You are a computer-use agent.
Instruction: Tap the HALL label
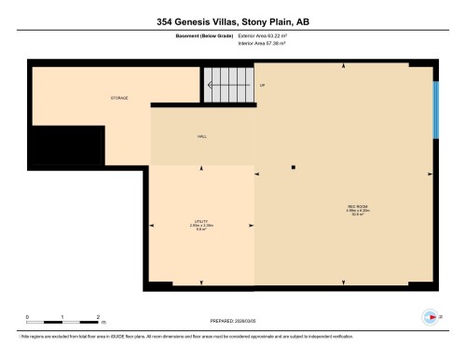[x=201, y=136]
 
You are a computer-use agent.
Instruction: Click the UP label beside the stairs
[x=262, y=86]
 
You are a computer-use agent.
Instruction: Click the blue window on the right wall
[x=435, y=110]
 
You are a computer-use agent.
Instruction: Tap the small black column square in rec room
[x=293, y=167]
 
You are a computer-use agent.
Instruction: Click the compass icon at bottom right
[x=430, y=315]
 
